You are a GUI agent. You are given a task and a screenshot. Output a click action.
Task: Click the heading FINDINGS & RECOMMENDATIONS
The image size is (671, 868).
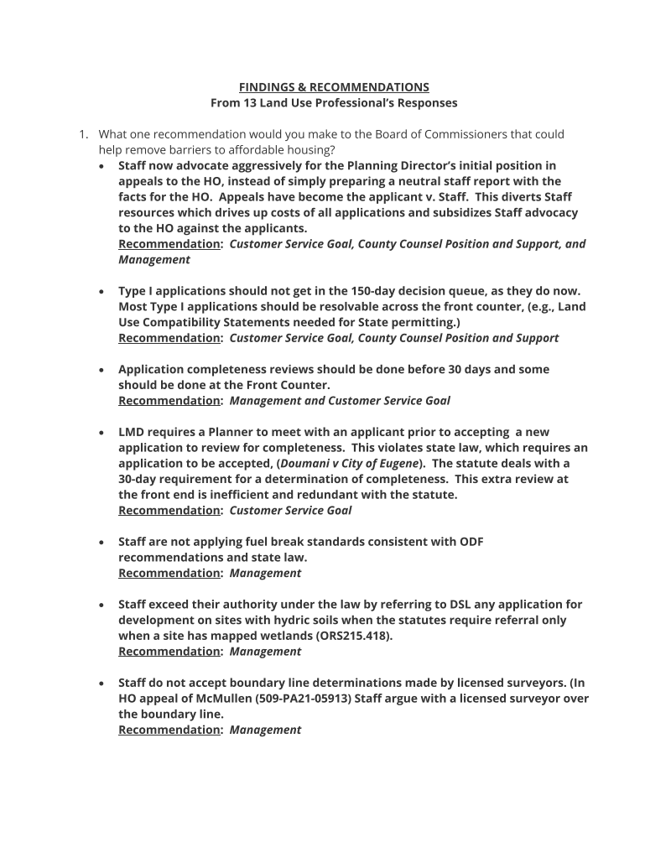click(x=334, y=87)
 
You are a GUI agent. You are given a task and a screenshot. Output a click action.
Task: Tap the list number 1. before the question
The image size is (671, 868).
click(x=84, y=134)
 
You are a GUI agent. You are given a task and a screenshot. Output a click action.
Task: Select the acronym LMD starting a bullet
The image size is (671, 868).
click(x=132, y=432)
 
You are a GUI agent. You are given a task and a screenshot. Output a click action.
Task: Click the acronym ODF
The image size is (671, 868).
click(x=471, y=542)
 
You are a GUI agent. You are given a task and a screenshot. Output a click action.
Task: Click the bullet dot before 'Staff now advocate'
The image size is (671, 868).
click(x=101, y=166)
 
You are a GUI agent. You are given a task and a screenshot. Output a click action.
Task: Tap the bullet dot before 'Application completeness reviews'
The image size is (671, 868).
click(x=101, y=370)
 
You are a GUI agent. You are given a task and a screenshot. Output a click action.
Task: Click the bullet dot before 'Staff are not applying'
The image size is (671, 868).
click(x=101, y=542)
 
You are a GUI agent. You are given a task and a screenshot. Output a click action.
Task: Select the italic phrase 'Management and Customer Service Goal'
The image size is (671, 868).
click(x=340, y=401)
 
